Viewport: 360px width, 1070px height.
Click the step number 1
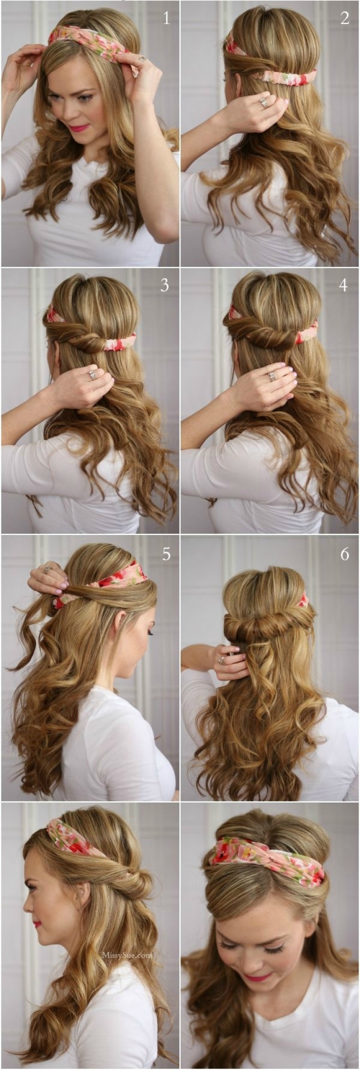(x=166, y=18)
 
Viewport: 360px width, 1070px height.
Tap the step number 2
(x=345, y=18)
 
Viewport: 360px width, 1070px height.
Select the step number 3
(x=164, y=285)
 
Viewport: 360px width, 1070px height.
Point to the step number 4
(x=343, y=285)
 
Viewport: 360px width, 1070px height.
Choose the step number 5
(x=166, y=554)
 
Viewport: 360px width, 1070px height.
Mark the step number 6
(x=345, y=554)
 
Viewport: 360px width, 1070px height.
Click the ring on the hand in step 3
(x=92, y=374)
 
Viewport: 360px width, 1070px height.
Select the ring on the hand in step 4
(x=271, y=374)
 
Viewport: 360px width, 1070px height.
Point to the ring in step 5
(x=47, y=569)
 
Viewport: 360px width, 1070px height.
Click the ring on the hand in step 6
(x=222, y=660)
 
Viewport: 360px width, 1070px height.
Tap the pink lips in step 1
(x=79, y=128)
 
